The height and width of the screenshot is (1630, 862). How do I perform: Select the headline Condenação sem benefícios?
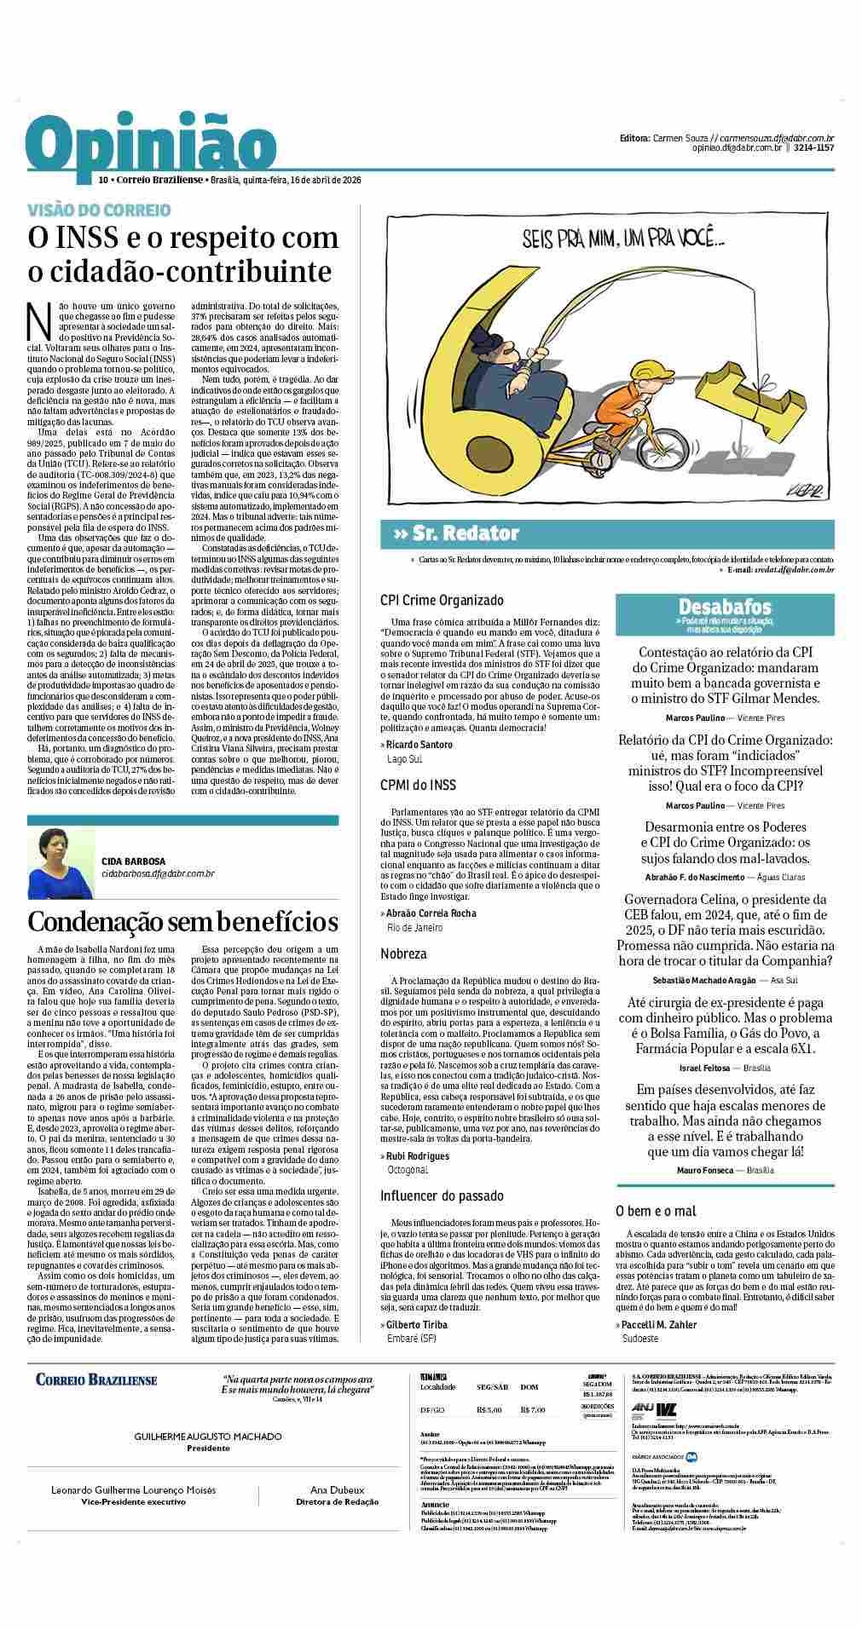(182, 922)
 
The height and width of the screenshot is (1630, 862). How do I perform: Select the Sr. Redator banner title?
(456, 533)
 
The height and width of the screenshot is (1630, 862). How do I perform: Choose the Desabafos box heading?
(725, 608)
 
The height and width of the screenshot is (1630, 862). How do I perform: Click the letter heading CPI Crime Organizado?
(442, 601)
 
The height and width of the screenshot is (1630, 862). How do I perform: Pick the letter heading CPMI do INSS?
(418, 784)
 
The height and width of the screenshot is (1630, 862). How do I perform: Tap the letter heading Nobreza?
(403, 953)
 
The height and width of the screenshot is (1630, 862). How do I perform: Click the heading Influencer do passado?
(442, 1196)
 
